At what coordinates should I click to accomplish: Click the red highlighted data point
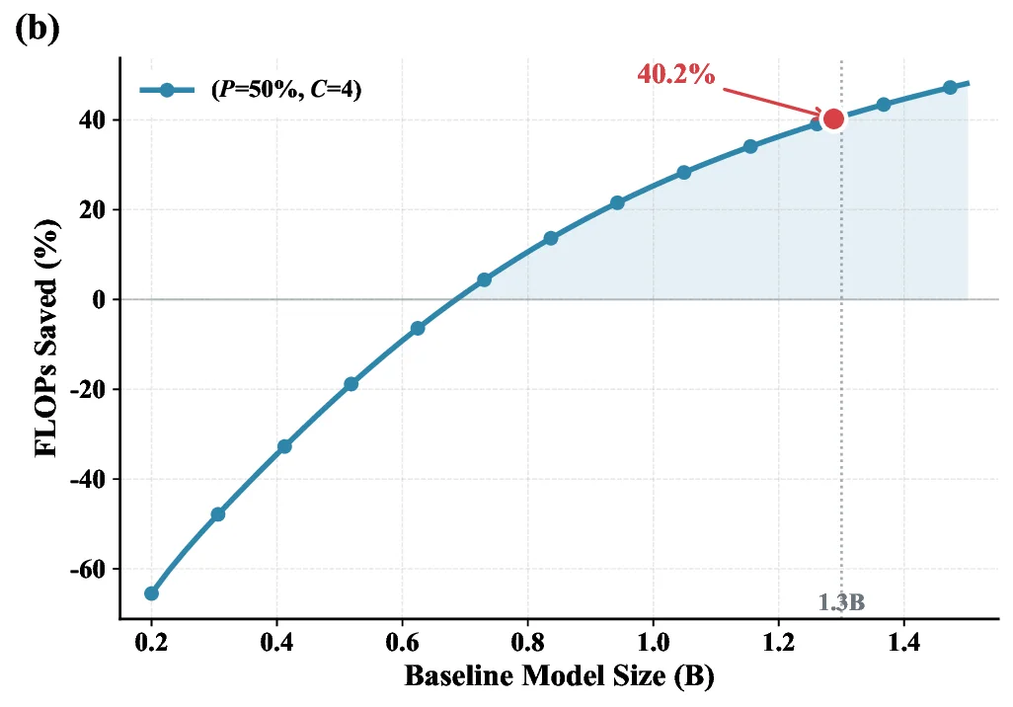point(833,118)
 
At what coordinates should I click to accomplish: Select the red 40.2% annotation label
point(675,74)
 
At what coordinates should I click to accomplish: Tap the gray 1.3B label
point(841,602)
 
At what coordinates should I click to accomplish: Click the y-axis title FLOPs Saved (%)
point(46,338)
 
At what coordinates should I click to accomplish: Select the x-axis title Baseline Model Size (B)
point(558,677)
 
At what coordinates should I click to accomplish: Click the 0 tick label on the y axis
point(99,299)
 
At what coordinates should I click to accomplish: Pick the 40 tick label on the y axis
point(93,119)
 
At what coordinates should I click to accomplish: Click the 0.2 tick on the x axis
point(151,642)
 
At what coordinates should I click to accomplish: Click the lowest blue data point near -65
point(151,593)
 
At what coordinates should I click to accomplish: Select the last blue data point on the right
point(950,88)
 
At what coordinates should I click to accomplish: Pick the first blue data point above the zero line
point(484,279)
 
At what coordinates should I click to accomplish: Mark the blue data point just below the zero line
point(418,328)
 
